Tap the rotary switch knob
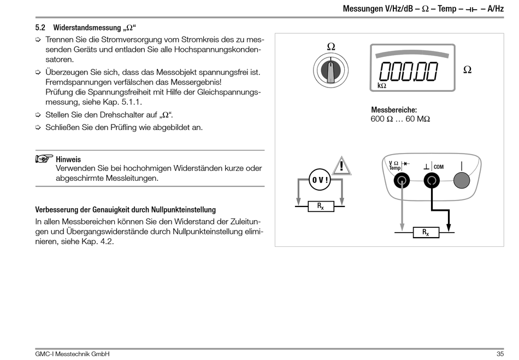click(x=331, y=70)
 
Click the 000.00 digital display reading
click(x=409, y=71)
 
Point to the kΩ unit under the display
click(x=382, y=86)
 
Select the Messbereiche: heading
click(x=394, y=110)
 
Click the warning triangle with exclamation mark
click(x=341, y=165)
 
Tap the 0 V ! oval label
click(x=320, y=180)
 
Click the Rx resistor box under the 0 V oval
click(x=320, y=206)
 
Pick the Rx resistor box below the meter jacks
click(x=425, y=232)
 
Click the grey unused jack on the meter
click(x=462, y=180)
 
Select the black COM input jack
click(x=432, y=180)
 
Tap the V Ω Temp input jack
click(x=402, y=180)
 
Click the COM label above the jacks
click(x=439, y=166)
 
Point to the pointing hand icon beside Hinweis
click(x=44, y=159)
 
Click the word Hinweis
click(x=68, y=160)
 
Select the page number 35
click(x=500, y=354)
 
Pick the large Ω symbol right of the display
click(x=467, y=70)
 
